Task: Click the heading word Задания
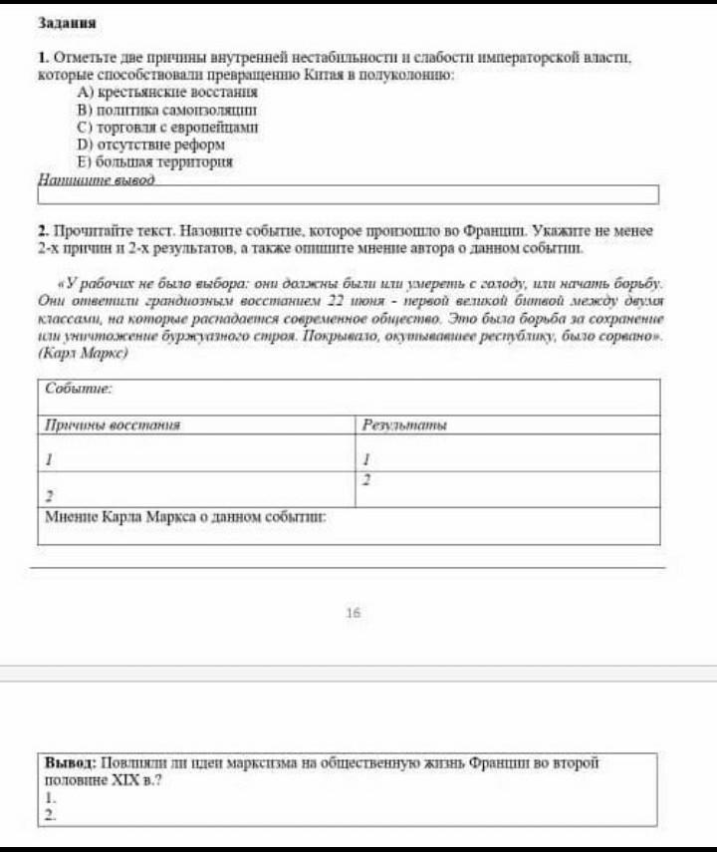point(67,22)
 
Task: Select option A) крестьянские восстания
point(159,91)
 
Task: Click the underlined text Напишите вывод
point(97,179)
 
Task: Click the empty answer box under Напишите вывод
point(349,194)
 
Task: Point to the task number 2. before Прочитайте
point(44,230)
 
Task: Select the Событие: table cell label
point(79,388)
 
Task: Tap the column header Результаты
point(404,426)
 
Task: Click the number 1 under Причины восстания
point(48,460)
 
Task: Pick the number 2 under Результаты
point(366,480)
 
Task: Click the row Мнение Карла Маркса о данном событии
point(186,518)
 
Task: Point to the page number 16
point(353,613)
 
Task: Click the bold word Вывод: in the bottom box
point(69,762)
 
